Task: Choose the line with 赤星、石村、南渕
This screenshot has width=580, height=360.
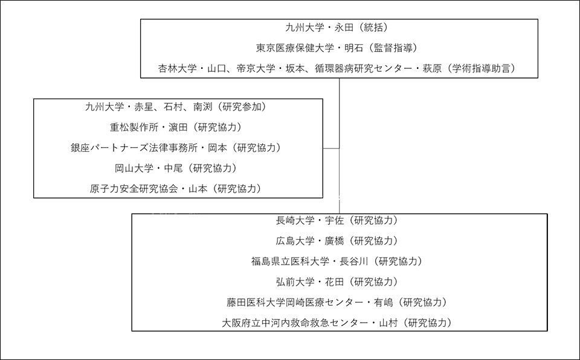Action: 176,107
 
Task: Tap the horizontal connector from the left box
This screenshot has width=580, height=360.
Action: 331,148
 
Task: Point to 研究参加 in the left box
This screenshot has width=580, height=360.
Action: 241,107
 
